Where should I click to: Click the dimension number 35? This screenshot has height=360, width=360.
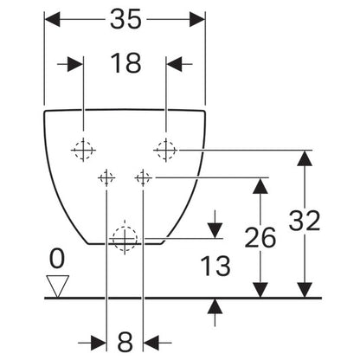pos(125,19)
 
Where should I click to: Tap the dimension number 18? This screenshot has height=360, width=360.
pos(125,63)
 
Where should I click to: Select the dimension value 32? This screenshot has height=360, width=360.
pos(305,221)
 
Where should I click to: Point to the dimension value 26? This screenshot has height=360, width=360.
pos(260,237)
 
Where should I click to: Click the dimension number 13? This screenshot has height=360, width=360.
pos(215,266)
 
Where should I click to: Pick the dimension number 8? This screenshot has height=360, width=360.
pos(125,342)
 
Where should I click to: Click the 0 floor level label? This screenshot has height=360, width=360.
pos(57,259)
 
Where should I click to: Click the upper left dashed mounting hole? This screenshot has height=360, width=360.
pos(83,150)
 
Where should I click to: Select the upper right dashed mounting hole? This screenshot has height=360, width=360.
pos(166,150)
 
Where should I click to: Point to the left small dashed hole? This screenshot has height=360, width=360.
pos(106,177)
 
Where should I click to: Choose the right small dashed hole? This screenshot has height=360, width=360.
pos(143,177)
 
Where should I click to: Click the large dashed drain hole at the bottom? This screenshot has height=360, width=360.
pos(125,239)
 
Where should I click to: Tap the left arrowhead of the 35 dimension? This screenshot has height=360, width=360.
pos(52,19)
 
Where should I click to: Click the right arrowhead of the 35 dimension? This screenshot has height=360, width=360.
pos(197,19)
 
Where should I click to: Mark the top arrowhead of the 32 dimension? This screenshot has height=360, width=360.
pos(305,158)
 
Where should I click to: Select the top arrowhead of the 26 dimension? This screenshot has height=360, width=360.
pos(260,186)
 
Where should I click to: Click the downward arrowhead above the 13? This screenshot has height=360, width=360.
pos(215,231)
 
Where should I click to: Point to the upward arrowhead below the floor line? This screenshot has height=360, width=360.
pos(215,306)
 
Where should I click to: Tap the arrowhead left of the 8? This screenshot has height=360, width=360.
pos(99,343)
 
